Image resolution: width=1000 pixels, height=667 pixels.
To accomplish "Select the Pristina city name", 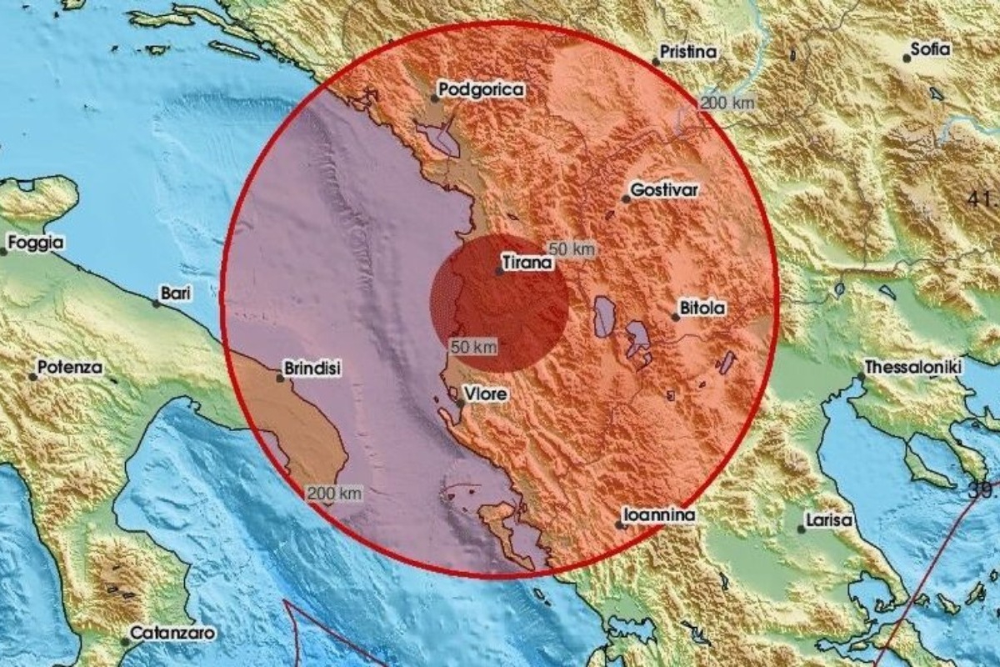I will [x=688, y=52].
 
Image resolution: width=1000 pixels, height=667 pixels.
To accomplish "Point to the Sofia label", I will [x=930, y=49].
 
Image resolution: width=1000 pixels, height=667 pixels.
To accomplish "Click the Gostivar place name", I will [x=664, y=190].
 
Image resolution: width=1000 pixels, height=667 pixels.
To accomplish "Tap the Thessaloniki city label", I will [x=913, y=367].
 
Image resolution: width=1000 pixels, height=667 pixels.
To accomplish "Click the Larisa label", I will [x=830, y=520].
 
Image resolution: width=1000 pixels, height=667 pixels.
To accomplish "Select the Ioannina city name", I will [x=661, y=517].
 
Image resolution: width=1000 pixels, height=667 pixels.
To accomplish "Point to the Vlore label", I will [x=486, y=394].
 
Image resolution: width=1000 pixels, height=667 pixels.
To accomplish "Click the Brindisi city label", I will [x=312, y=368].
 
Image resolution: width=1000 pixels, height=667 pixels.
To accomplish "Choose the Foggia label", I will [x=34, y=243].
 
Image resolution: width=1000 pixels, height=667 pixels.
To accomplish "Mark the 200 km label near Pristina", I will [x=727, y=103].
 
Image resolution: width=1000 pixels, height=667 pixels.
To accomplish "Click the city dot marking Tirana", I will [x=498, y=271].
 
